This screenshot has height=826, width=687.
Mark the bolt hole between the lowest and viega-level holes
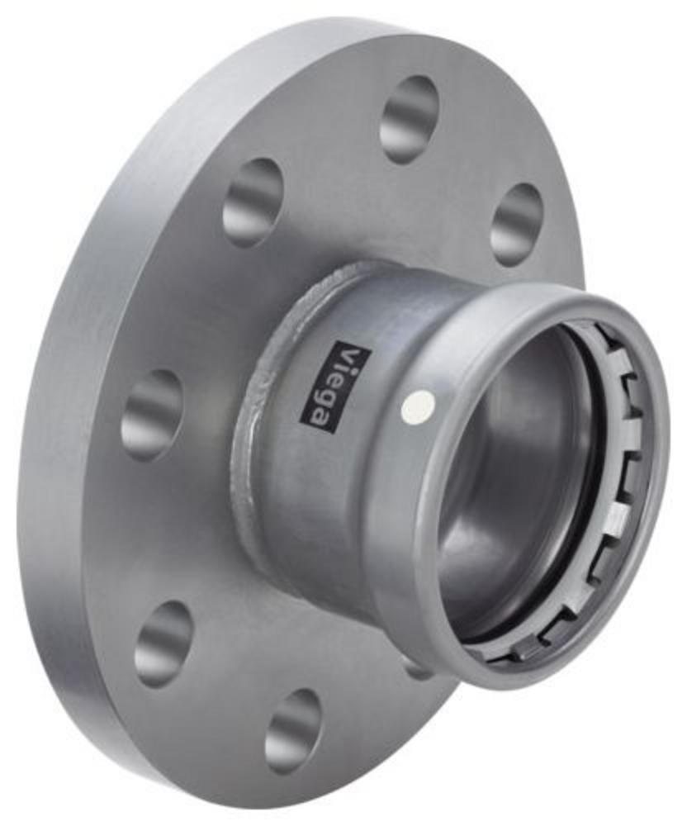(164, 638)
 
